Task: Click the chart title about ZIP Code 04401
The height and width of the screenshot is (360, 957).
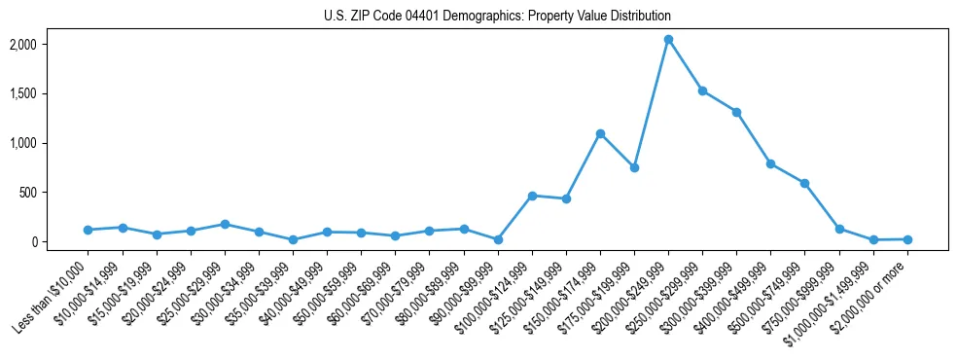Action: point(497,17)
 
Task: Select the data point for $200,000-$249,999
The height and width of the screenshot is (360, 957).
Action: point(668,40)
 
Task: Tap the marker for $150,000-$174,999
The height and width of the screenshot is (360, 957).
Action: point(600,133)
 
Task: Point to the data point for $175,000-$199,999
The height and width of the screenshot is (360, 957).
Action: point(634,167)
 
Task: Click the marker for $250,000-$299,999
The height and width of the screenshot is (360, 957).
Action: point(702,90)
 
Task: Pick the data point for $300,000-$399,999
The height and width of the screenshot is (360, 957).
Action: point(736,112)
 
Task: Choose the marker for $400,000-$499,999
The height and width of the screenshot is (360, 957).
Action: point(770,163)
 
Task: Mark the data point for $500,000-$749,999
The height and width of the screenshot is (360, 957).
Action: point(804,183)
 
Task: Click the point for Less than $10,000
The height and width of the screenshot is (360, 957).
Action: point(89,230)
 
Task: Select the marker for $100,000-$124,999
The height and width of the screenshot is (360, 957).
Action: point(532,196)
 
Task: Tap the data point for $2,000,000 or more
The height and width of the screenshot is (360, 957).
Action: point(907,239)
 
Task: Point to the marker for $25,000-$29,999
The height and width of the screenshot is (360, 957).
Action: point(225,224)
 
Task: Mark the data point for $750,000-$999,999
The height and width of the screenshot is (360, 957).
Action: point(839,230)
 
